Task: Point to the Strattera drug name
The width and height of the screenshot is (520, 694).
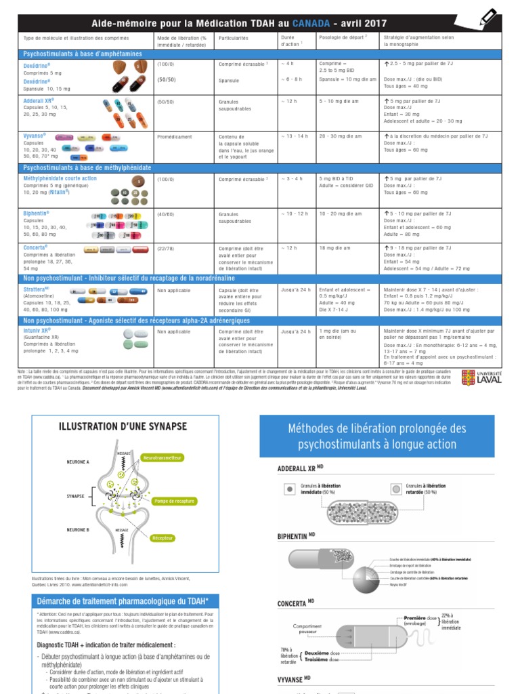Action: click(x=38, y=289)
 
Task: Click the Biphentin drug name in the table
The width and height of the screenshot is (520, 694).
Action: click(x=37, y=213)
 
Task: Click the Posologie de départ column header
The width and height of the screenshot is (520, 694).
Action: click(x=342, y=37)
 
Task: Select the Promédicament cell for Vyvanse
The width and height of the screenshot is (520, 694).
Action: click(x=175, y=136)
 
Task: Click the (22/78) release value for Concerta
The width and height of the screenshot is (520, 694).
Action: click(x=166, y=248)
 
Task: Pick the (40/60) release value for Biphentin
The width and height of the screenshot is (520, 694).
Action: click(x=166, y=213)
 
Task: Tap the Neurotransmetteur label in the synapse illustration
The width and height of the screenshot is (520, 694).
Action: click(x=163, y=458)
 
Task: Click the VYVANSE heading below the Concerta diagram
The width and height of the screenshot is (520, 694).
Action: click(x=294, y=678)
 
